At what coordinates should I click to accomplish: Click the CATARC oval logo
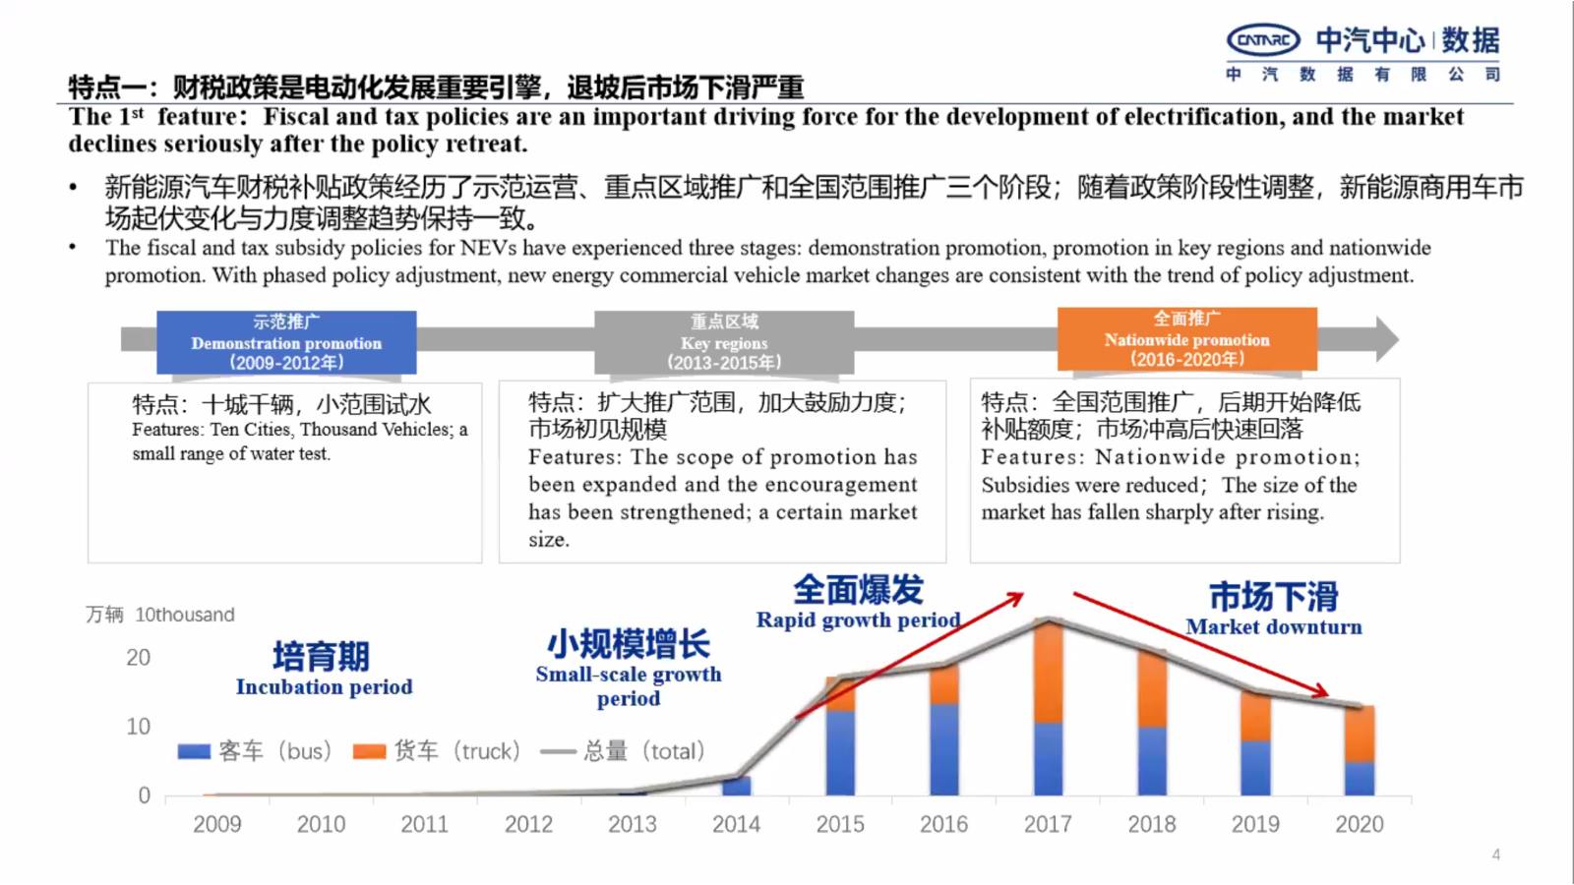point(1263,40)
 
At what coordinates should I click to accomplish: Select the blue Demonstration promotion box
point(286,342)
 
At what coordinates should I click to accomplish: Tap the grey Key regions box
point(724,342)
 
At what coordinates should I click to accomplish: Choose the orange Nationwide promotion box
point(1186,339)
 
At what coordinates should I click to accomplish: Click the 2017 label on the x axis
point(1048,824)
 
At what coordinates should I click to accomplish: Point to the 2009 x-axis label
point(216,824)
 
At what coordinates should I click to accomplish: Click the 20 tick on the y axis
point(138,658)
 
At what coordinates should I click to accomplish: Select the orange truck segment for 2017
point(1049,673)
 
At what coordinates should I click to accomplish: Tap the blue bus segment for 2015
point(840,752)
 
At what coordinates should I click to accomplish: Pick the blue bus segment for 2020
point(1360,778)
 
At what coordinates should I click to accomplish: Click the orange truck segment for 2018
point(1152,689)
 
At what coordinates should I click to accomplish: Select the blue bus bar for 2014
point(736,786)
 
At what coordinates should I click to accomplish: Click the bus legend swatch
point(194,751)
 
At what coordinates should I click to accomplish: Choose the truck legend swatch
point(369,751)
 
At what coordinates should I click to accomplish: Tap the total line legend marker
point(558,751)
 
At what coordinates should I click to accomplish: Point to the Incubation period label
point(324,686)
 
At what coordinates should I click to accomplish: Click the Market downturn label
point(1273,626)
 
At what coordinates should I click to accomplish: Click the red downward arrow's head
point(1322,692)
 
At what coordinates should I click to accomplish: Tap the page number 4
point(1495,855)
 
